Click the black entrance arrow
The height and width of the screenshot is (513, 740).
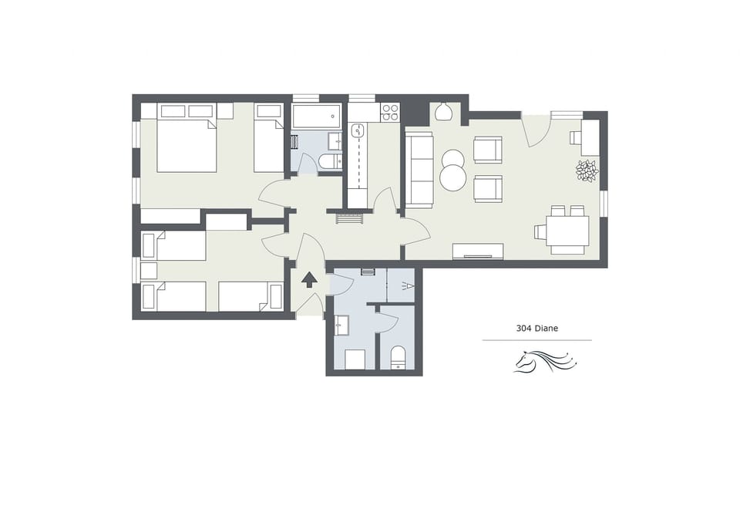[308, 279]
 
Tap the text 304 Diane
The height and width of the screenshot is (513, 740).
[536, 328]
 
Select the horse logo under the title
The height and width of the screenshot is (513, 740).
[544, 361]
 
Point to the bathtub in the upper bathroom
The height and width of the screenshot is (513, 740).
[316, 116]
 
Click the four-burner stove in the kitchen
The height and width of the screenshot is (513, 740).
[390, 113]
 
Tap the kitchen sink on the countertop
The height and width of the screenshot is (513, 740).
[358, 131]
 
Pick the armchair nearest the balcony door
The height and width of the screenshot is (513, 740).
[487, 150]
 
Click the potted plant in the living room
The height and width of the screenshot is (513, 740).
[587, 170]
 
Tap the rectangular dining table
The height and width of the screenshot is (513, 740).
[567, 231]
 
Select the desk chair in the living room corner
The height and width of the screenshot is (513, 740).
[576, 137]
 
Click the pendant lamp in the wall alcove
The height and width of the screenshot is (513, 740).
[442, 113]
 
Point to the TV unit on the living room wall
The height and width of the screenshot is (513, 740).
[477, 251]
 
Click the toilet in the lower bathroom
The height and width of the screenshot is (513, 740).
[399, 358]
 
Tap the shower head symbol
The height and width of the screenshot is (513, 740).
[409, 287]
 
